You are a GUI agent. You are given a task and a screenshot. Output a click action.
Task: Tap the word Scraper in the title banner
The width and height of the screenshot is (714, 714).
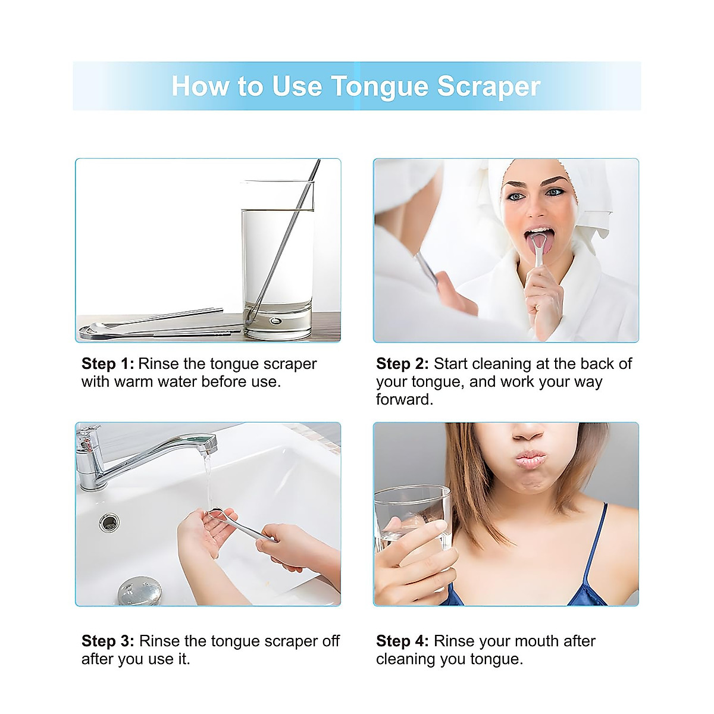tap(488, 86)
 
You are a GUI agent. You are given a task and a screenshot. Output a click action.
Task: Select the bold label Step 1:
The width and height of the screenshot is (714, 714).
tap(108, 364)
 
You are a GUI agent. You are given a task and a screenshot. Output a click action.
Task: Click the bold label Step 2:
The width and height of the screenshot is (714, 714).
tap(402, 364)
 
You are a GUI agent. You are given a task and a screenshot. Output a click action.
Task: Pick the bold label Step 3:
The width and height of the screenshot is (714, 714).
tap(108, 641)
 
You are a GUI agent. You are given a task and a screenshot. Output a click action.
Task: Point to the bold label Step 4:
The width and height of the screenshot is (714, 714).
tap(402, 641)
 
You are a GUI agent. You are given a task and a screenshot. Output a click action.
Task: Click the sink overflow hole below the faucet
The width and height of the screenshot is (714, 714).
tap(109, 522)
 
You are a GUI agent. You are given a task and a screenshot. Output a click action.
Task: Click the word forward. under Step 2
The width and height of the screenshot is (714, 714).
tap(405, 399)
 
